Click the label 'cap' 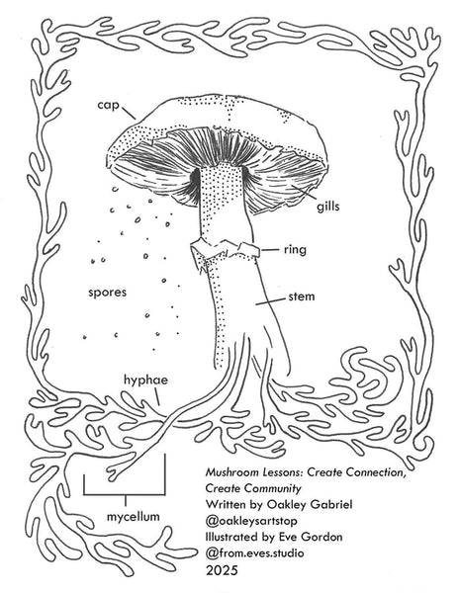tap(108, 105)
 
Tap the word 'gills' tap(328, 207)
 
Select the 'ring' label tap(295, 250)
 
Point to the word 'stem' tap(302, 296)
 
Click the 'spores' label tap(108, 293)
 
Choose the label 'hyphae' tap(145, 381)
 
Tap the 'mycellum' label tap(134, 516)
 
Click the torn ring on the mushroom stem tap(225, 250)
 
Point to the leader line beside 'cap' tap(129, 113)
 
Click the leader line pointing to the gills tap(304, 192)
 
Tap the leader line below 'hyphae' tap(157, 398)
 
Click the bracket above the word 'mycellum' tap(125, 494)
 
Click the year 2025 tap(222, 570)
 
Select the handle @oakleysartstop tap(251, 521)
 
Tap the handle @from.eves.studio tap(254, 553)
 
